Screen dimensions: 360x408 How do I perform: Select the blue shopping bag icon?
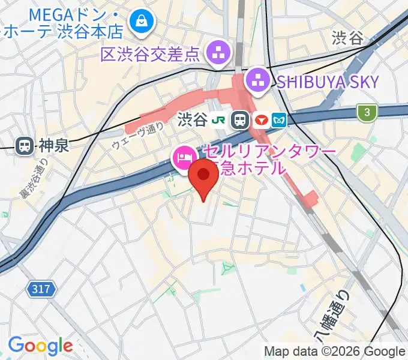coord(144,22)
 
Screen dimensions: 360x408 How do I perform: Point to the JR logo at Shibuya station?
coord(221,120)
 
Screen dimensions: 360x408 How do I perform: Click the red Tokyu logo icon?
coord(261,120)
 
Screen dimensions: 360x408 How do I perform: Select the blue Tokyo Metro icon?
coord(280,120)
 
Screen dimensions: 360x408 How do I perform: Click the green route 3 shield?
coord(365,112)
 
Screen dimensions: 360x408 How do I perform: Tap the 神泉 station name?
coord(55,145)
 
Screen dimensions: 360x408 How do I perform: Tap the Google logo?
coord(40,346)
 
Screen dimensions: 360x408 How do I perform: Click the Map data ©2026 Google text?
coord(335,351)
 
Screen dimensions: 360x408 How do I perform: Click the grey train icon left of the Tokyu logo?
coord(241,120)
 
